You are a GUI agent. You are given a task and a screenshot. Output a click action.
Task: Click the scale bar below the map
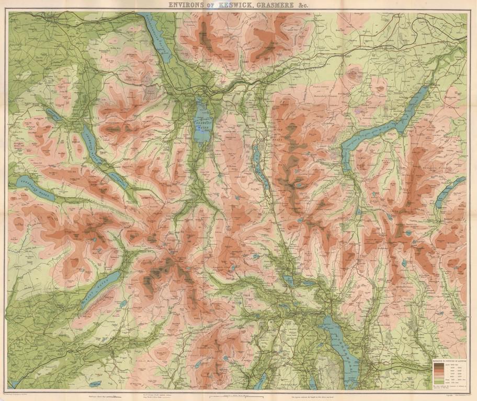238,395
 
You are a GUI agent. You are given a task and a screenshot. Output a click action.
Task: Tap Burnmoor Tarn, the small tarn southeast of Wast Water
123,303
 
